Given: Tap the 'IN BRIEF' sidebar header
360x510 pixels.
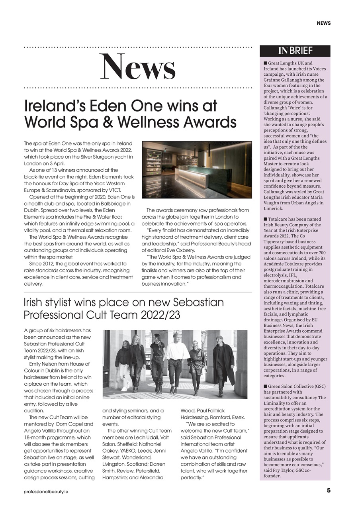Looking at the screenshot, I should pyautogui.click(x=295, y=51).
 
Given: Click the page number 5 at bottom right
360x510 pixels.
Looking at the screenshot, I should pyautogui.click(x=329, y=490).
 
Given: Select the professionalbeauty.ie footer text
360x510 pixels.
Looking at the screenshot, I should pyautogui.click(x=46, y=492).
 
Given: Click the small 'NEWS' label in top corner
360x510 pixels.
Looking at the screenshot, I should pyautogui.click(x=323, y=23).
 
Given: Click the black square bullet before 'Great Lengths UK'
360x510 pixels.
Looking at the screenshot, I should pyautogui.click(x=265, y=63).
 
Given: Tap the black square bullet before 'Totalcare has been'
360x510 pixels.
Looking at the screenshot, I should pyautogui.click(x=265, y=220).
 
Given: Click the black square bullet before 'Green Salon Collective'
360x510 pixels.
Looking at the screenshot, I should pyautogui.click(x=265, y=386).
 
